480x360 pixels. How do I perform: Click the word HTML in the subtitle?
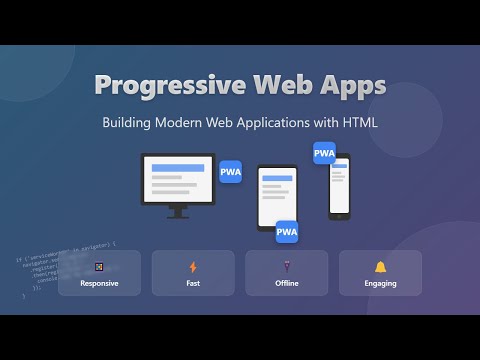point(358,125)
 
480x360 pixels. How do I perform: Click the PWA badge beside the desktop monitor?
point(230,170)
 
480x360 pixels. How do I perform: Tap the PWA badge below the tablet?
point(287,232)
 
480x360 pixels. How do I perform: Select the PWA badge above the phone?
point(324,153)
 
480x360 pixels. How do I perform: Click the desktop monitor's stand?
point(178,211)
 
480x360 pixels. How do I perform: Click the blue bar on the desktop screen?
point(174,167)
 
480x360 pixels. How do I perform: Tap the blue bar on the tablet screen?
point(278,177)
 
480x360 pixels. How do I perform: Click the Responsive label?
point(99,284)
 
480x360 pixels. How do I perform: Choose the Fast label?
point(193,284)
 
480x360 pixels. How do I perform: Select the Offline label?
point(287,284)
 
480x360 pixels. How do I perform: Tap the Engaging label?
point(380,284)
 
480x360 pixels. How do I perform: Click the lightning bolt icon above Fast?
point(193,267)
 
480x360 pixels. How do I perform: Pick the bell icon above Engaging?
point(380,267)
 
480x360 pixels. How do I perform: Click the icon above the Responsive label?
point(99,267)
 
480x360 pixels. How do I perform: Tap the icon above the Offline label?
point(287,267)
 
